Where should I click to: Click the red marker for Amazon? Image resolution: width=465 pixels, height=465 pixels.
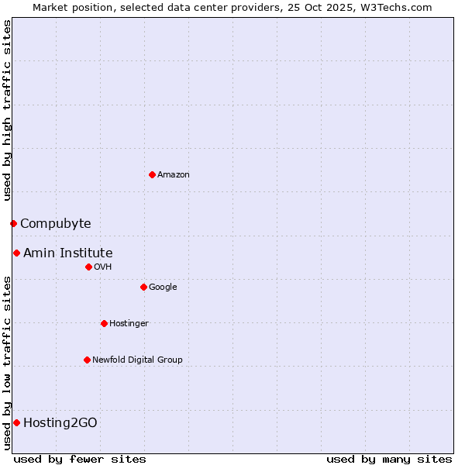tap(152, 174)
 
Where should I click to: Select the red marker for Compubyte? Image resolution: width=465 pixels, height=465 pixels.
tap(13, 223)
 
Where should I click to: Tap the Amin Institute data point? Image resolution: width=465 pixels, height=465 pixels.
tap(16, 253)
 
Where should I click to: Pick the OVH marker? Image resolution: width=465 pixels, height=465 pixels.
tap(88, 267)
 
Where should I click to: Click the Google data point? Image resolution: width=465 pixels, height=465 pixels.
tap(143, 287)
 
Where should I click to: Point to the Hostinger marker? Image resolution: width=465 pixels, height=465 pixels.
tap(104, 323)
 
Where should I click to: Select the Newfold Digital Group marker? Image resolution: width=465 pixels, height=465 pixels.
tap(87, 360)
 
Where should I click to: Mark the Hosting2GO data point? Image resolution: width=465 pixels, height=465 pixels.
tap(16, 422)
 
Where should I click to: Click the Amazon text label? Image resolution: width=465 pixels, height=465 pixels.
tap(174, 174)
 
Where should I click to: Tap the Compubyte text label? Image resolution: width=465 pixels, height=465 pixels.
tap(55, 223)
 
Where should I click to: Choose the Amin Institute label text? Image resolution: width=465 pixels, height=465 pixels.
tap(67, 253)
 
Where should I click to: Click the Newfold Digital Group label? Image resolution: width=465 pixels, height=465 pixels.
tap(137, 360)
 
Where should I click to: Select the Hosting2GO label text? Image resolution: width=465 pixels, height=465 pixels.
tap(60, 422)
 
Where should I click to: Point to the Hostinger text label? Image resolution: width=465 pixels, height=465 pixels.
tap(129, 323)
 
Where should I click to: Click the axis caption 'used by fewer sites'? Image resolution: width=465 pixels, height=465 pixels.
tap(80, 459)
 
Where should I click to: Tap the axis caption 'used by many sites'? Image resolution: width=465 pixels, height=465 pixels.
tap(389, 459)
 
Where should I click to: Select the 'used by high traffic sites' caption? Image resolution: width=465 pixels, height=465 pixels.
tap(7, 110)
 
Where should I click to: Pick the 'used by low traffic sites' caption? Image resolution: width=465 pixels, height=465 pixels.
tap(7, 362)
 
